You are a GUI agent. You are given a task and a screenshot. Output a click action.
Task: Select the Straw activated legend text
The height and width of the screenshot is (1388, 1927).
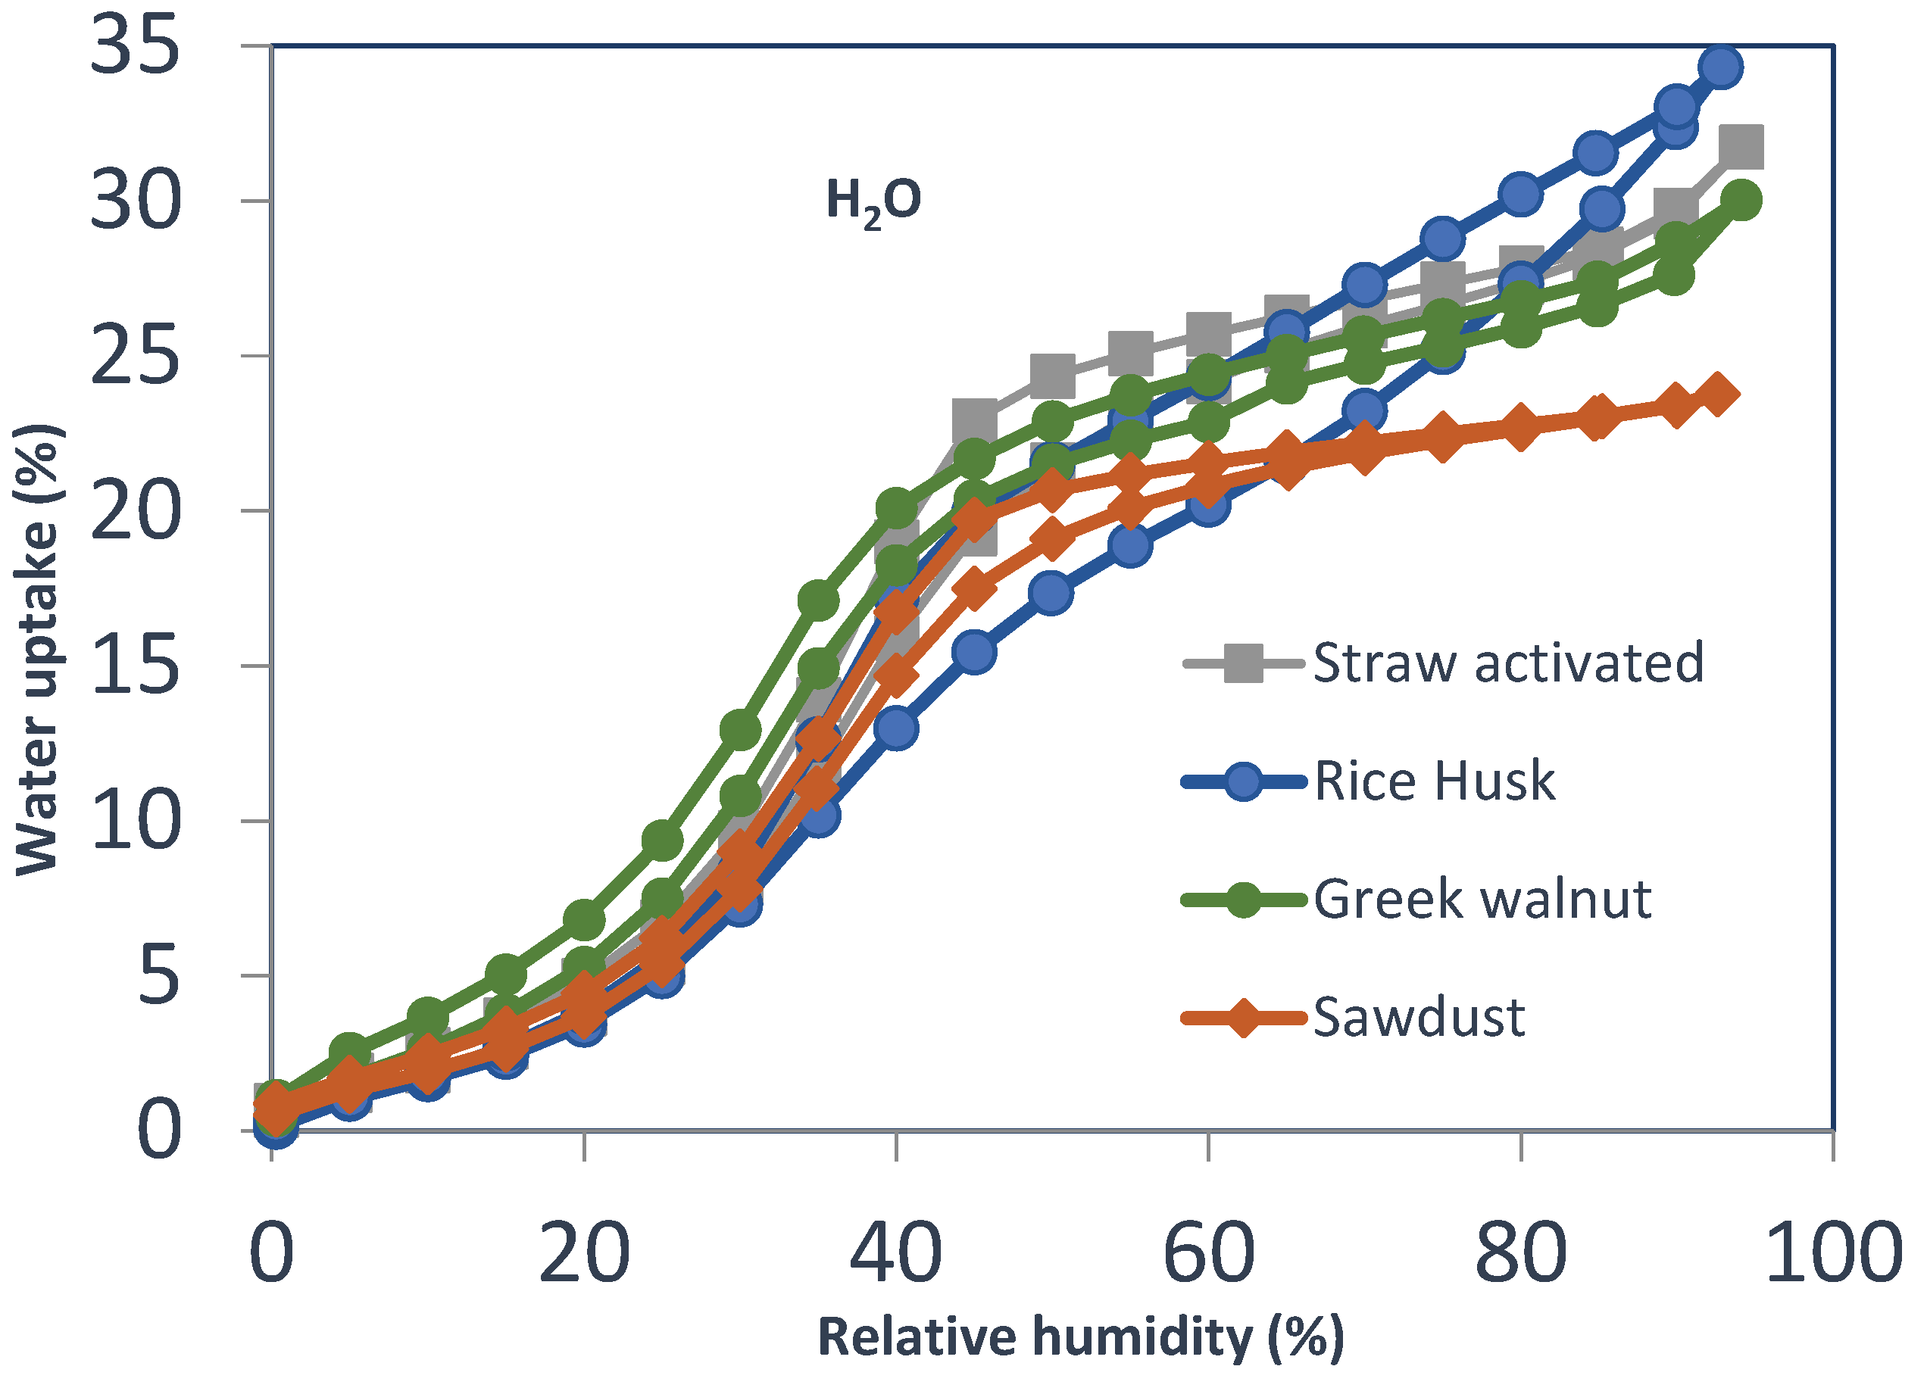[1508, 663]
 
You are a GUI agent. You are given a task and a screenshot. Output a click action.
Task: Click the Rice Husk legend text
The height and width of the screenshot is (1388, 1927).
[1434, 781]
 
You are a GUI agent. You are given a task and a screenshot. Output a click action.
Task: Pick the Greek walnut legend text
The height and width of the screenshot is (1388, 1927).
[1482, 899]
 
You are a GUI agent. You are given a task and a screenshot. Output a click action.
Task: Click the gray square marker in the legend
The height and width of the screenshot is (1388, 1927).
[1243, 663]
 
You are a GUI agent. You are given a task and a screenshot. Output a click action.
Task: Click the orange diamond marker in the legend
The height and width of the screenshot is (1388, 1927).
[1243, 1018]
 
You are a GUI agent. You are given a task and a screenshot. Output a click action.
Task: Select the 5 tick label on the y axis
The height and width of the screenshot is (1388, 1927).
[158, 975]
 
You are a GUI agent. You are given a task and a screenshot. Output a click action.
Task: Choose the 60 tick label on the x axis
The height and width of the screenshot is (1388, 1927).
[1208, 1254]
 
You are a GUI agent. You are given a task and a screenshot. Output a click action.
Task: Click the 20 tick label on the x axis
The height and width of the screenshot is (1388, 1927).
[584, 1254]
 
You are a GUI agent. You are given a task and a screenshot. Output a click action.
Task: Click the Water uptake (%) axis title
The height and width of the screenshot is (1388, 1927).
[37, 649]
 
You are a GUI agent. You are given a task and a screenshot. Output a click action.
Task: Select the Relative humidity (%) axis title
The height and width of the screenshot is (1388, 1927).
[1081, 1338]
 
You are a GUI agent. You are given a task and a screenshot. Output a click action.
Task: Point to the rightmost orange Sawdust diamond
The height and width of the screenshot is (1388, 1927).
[1716, 395]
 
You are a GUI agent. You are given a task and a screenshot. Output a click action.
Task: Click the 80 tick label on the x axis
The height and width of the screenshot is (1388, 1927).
[1521, 1254]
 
